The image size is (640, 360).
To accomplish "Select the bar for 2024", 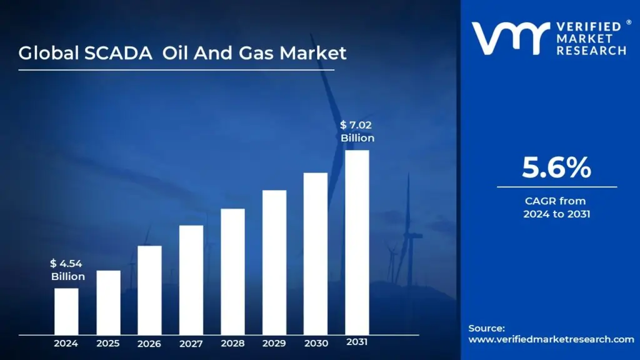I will pyautogui.click(x=66, y=311).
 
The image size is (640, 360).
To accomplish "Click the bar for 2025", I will pyautogui.click(x=108, y=302).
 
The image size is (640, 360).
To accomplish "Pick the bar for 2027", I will pyautogui.click(x=191, y=279).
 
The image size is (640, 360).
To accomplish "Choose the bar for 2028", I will pyautogui.click(x=232, y=271).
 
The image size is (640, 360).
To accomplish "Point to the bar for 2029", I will pyautogui.click(x=274, y=262).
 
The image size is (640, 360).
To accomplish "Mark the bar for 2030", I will pyautogui.click(x=316, y=253).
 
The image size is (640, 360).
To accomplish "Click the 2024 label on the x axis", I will pyautogui.click(x=66, y=343).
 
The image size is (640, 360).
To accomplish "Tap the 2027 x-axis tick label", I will pyautogui.click(x=191, y=344).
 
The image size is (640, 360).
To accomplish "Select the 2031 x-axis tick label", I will pyautogui.click(x=357, y=342).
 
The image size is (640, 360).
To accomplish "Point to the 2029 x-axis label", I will pyautogui.click(x=274, y=343).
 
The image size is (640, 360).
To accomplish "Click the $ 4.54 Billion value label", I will pyautogui.click(x=68, y=270).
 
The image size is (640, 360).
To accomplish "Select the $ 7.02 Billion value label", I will pyautogui.click(x=357, y=132).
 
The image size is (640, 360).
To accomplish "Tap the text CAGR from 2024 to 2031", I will pyautogui.click(x=556, y=207).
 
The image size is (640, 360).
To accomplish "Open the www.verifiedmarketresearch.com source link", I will pyautogui.click(x=551, y=339).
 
